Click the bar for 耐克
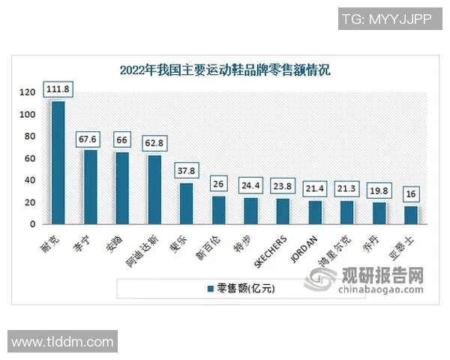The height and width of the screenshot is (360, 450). point(58,162)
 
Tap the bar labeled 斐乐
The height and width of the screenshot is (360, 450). point(186,203)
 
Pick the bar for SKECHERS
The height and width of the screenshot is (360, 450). point(283,211)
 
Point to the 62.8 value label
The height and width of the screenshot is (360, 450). point(154,140)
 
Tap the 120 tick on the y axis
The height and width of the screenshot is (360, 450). point(27,92)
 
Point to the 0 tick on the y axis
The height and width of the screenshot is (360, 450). point(32,224)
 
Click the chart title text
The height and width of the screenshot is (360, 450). point(225,70)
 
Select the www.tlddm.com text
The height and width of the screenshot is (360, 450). point(62,342)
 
